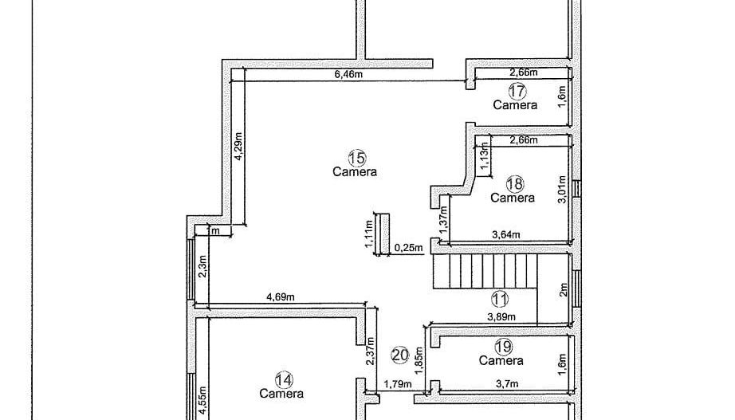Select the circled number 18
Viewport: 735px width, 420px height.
pyautogui.click(x=515, y=184)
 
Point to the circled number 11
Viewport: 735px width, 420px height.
pyautogui.click(x=500, y=300)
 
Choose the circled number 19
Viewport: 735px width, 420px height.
pyautogui.click(x=503, y=347)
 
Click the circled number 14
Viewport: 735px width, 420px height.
pyautogui.click(x=281, y=379)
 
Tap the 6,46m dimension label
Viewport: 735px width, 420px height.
pyautogui.click(x=348, y=74)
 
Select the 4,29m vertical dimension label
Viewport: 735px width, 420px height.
pyautogui.click(x=238, y=146)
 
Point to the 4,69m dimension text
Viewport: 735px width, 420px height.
pyautogui.click(x=281, y=297)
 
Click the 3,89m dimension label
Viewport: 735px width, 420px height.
pyautogui.click(x=501, y=316)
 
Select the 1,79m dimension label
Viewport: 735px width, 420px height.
pyautogui.click(x=397, y=384)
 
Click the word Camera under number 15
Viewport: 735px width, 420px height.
pyautogui.click(x=355, y=171)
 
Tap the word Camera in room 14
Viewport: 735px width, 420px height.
pyautogui.click(x=281, y=393)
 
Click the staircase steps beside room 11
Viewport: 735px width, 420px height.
pyautogui.click(x=478, y=271)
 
